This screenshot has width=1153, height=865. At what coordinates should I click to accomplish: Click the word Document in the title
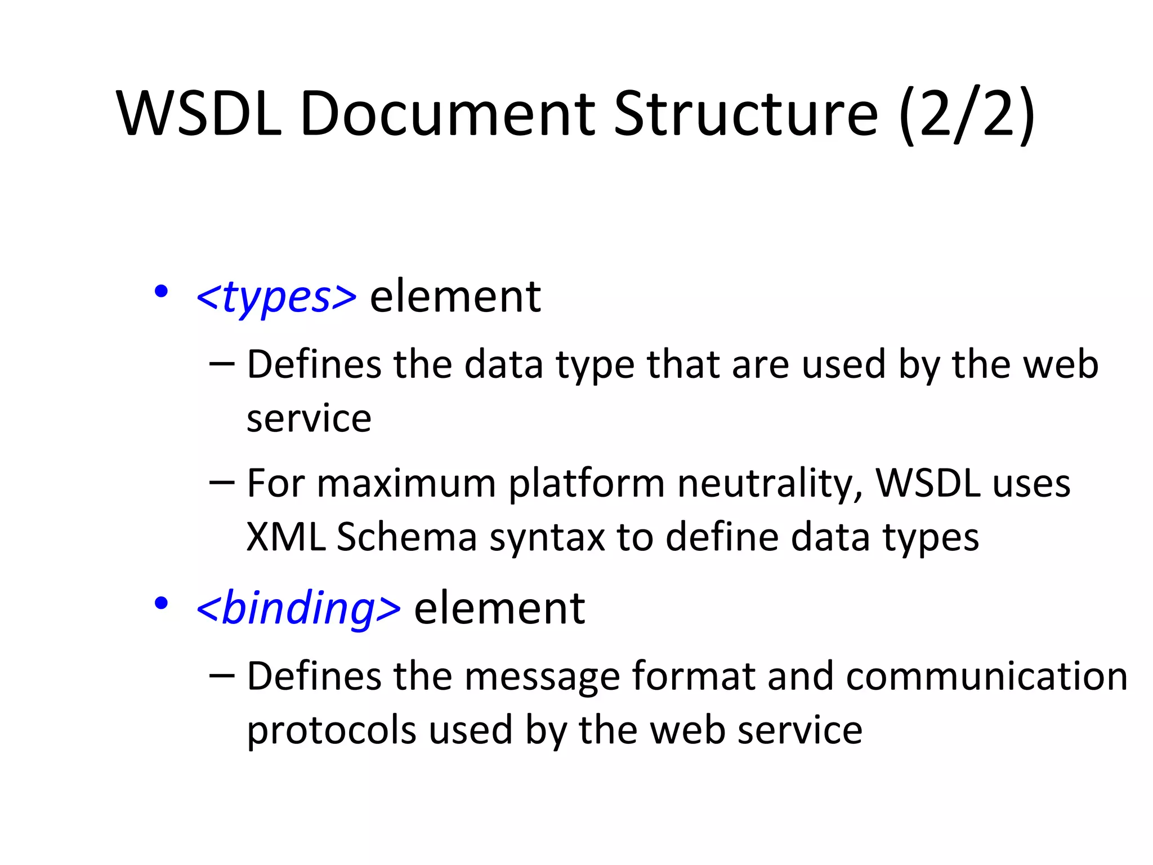tap(448, 114)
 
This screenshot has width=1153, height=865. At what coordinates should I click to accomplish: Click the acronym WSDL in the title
tap(199, 114)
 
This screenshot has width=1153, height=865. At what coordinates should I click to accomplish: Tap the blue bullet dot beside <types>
tap(161, 292)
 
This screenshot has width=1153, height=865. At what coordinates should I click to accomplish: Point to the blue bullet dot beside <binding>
tap(161, 604)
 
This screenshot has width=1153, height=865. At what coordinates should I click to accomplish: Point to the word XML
tap(286, 537)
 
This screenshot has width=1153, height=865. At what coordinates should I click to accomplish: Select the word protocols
tap(331, 730)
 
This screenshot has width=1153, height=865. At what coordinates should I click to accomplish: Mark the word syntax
tap(547, 537)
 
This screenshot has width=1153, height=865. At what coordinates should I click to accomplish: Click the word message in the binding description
tap(542, 676)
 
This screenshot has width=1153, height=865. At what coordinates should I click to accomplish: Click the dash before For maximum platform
tap(221, 482)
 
